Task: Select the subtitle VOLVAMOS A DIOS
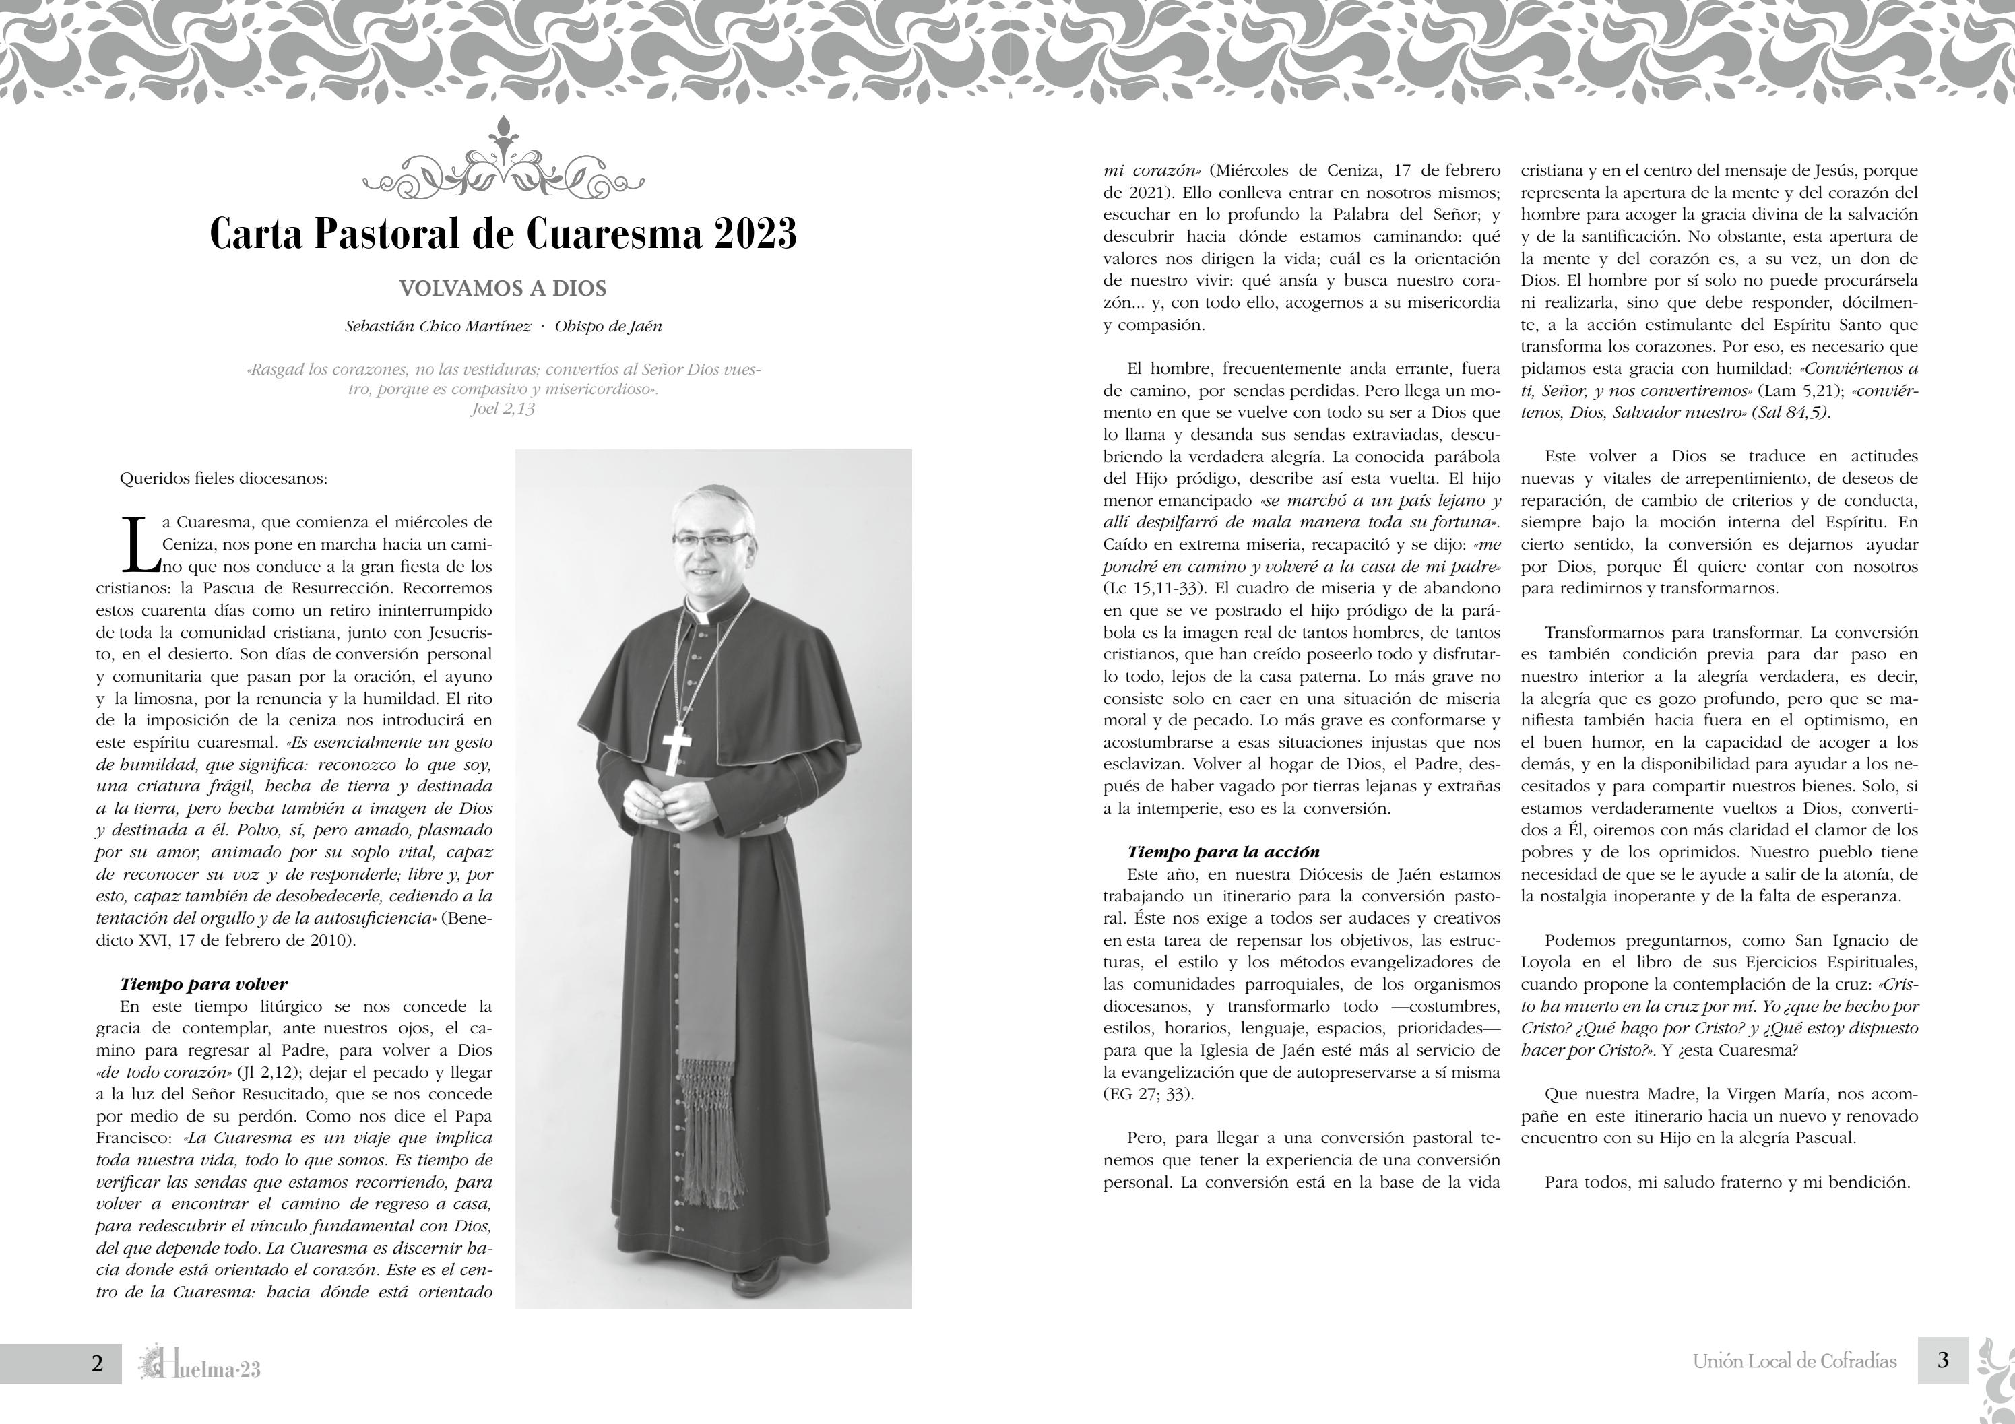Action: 503,289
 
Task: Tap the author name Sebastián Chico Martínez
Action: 438,327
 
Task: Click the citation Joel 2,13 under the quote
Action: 503,409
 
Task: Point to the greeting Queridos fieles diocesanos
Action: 223,479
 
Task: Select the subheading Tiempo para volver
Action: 203,983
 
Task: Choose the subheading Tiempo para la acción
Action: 1223,852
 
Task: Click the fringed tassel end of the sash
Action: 710,1132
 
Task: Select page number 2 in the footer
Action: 98,1363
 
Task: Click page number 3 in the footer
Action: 1943,1360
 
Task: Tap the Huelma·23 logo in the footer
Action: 200,1364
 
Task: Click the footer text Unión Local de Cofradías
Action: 1795,1362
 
